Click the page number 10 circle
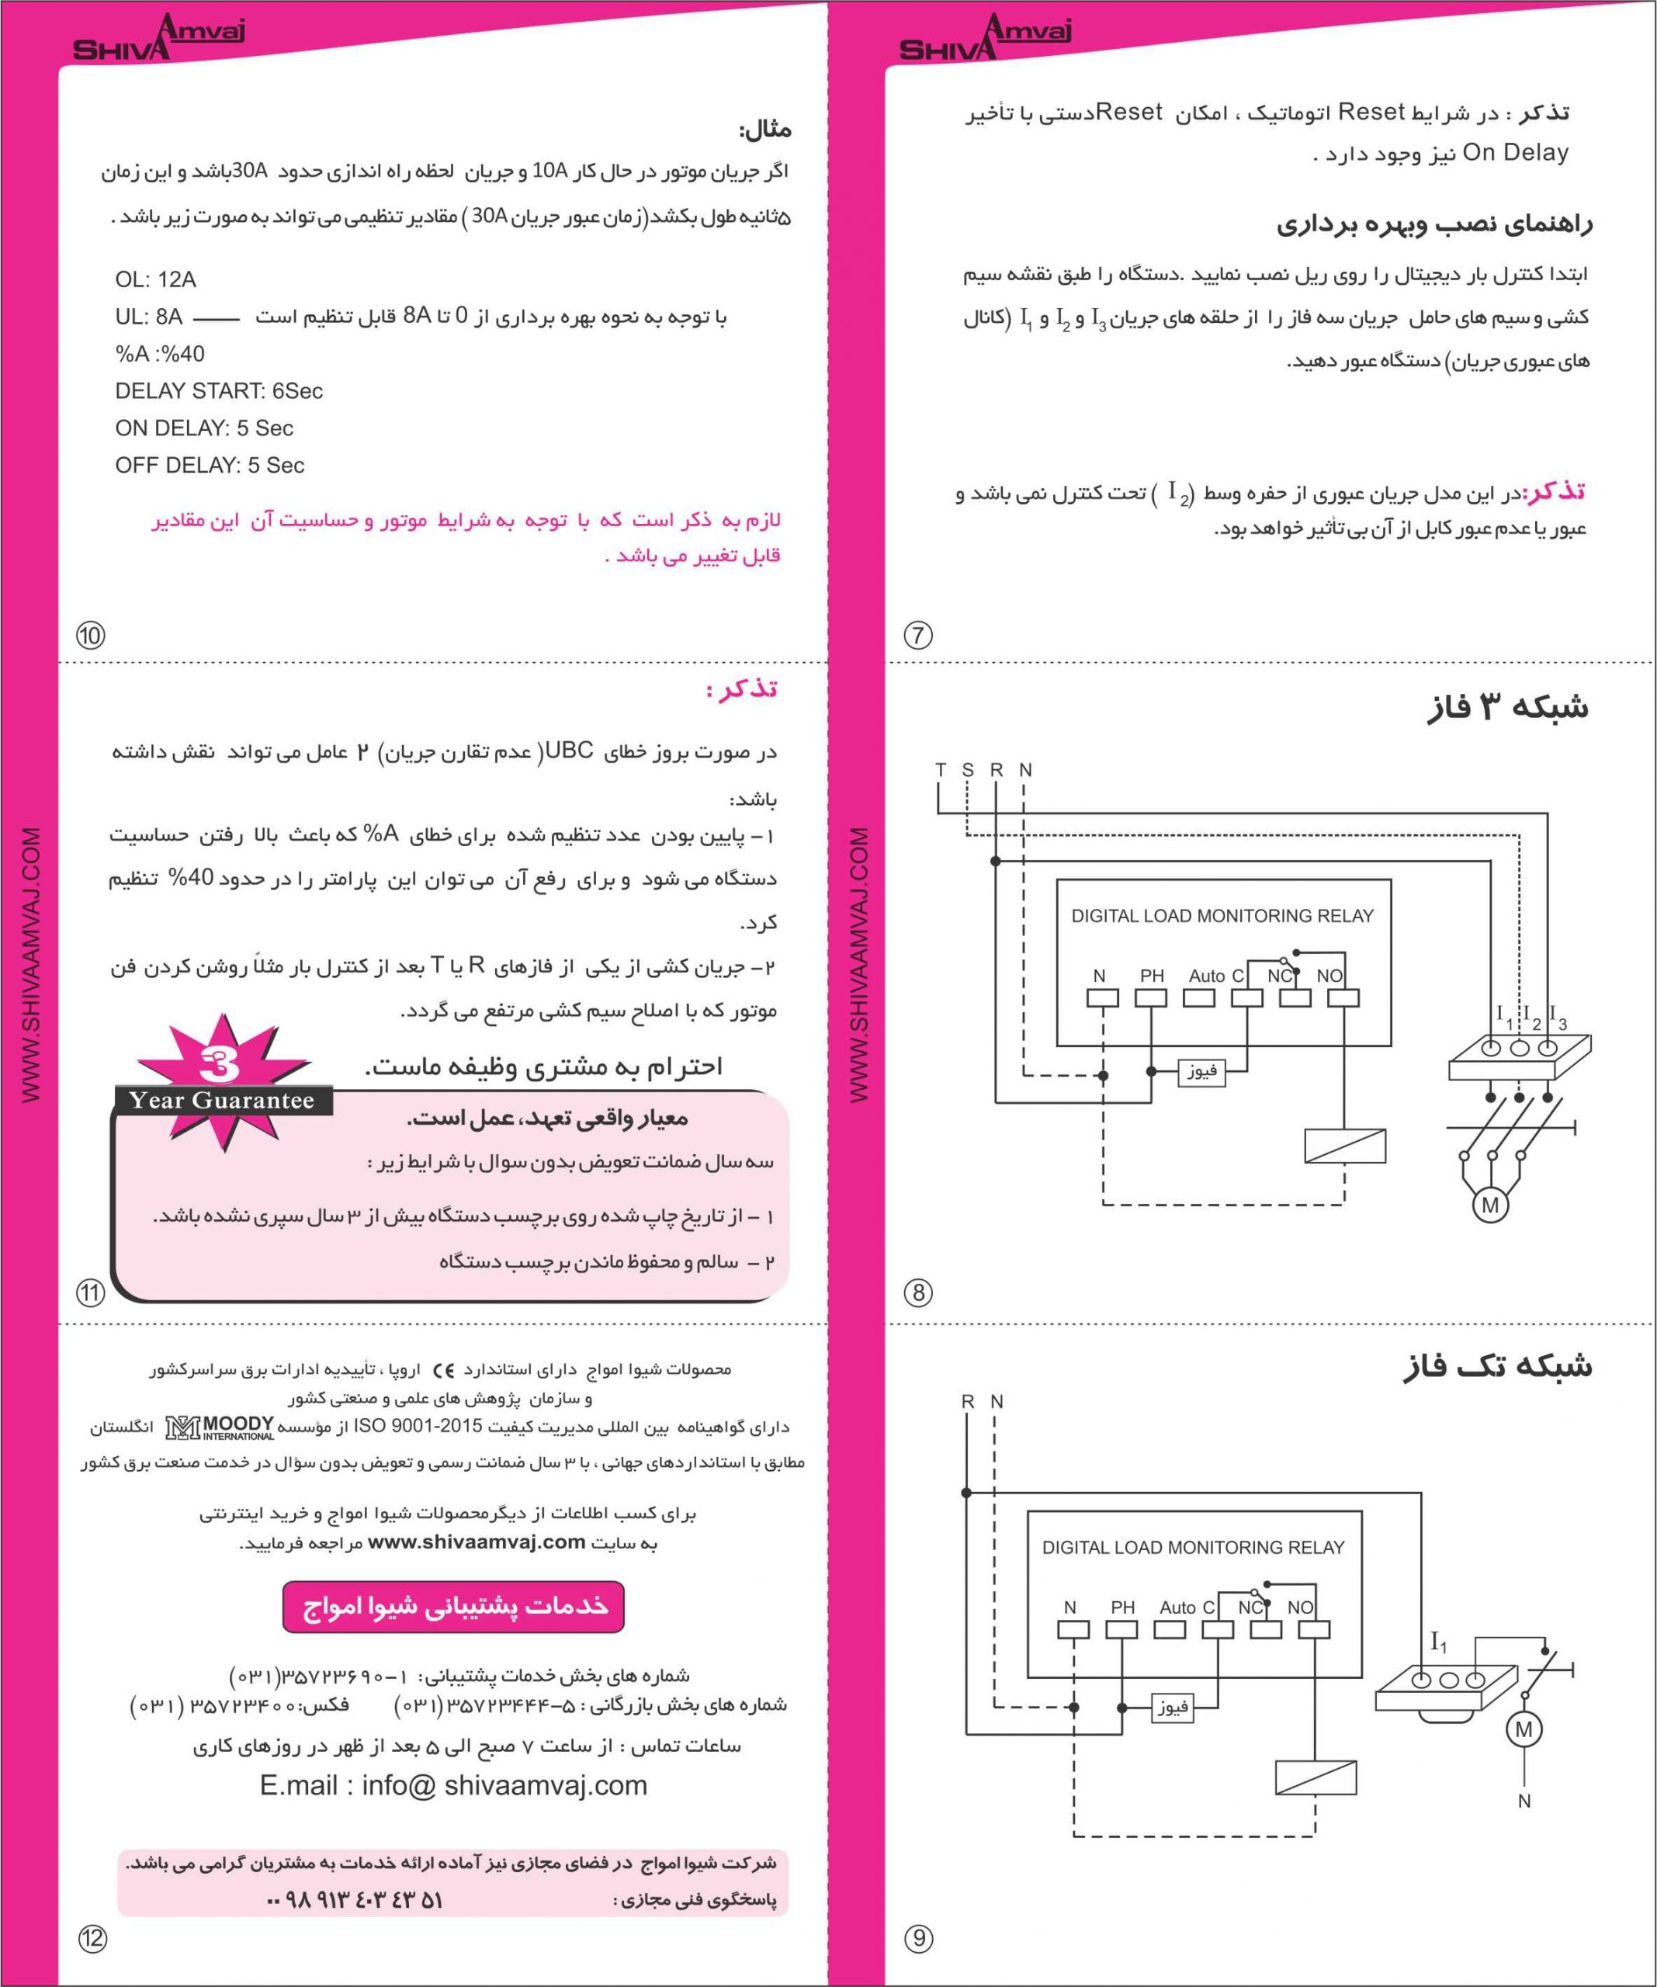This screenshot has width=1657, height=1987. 91,634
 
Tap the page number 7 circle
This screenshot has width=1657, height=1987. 918,634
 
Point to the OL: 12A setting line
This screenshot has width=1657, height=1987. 155,279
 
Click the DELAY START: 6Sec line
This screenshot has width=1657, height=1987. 219,390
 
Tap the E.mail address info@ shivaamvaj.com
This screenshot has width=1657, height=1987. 453,1785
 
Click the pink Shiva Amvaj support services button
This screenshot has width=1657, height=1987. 453,1607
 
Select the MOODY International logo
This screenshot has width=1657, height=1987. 220,1427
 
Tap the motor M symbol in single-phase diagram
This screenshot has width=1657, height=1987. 1524,1729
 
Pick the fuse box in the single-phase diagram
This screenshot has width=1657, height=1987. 1171,1707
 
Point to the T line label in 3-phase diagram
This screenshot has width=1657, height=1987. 940,770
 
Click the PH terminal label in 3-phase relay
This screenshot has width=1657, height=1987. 1152,976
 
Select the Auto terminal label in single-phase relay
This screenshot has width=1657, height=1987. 1177,1607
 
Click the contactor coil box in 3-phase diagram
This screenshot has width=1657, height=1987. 1345,1146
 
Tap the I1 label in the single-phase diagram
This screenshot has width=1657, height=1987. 1438,1643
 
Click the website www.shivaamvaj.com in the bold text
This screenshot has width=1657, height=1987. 476,1542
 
